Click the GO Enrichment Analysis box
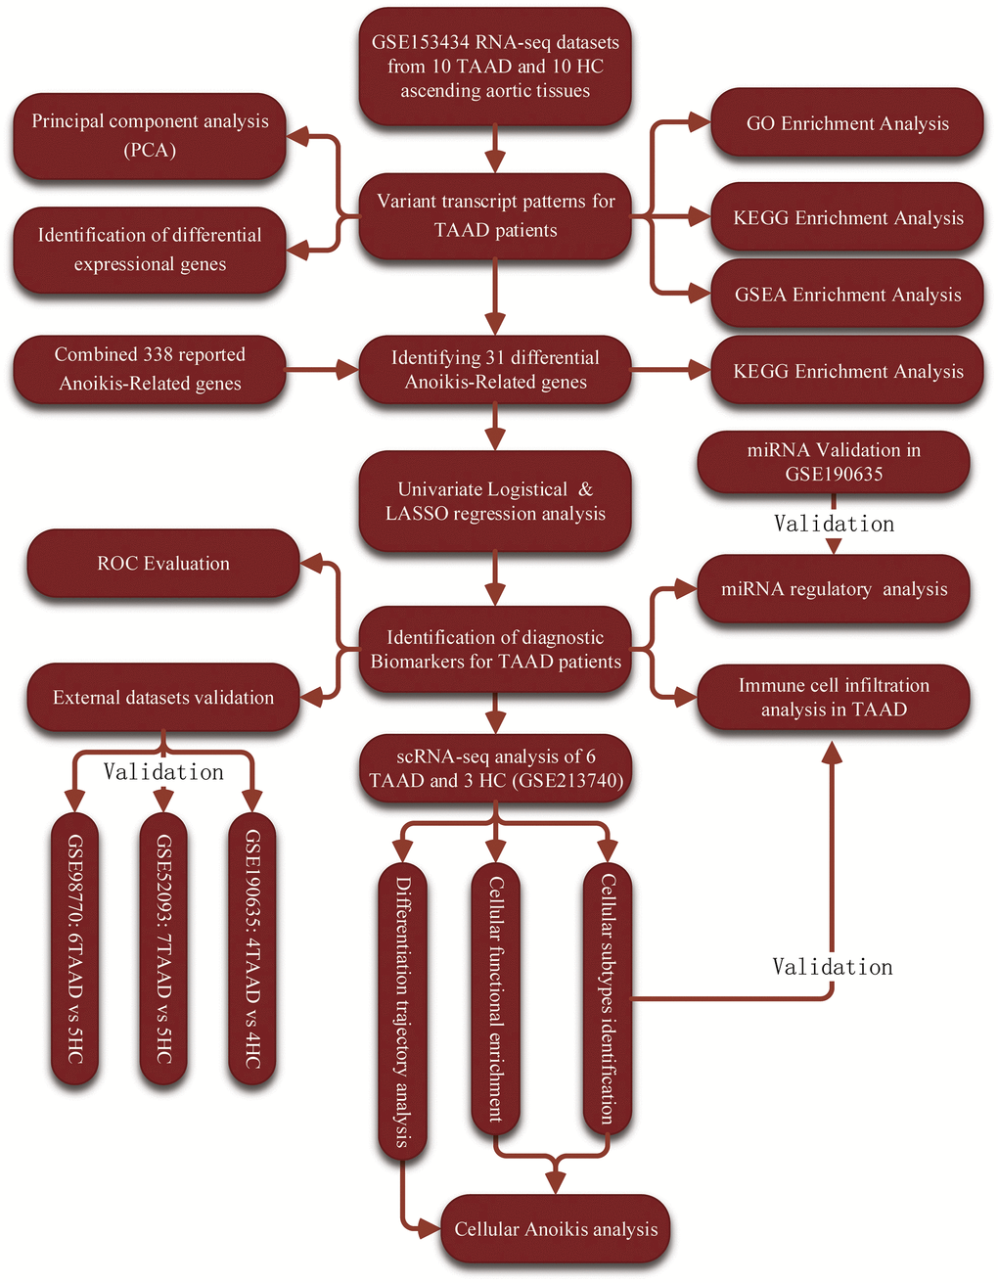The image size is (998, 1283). pos(847,123)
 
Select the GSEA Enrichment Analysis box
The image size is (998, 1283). pos(847,295)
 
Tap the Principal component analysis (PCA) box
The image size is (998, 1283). pos(150,136)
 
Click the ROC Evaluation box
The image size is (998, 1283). pos(163,564)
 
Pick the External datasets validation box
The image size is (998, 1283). pos(163,698)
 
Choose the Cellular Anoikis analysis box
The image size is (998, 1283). pos(556,1229)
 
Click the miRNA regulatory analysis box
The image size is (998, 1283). pos(834,589)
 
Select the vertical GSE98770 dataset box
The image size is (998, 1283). pos(75,948)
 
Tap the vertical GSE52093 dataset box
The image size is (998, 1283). pos(163,948)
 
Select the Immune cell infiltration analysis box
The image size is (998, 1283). pos(834,698)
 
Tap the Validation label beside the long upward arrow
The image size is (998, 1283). pos(832,967)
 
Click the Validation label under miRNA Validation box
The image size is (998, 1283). pos(834,525)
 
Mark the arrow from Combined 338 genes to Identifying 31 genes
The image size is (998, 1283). pos(323,370)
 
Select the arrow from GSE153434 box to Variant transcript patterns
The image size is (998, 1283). pos(496,150)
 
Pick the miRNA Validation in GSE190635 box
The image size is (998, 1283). pos(834,462)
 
